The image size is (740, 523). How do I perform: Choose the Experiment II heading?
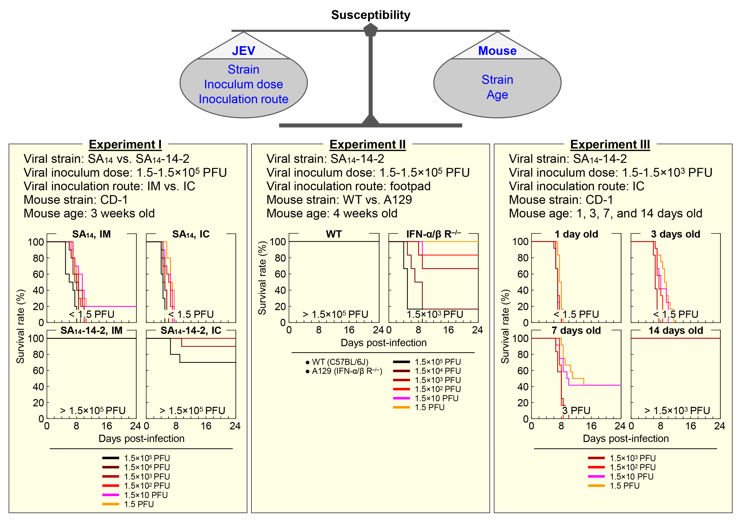coord(368,144)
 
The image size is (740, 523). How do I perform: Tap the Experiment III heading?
coord(610,144)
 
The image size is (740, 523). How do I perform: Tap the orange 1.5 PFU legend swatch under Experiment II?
coord(401,407)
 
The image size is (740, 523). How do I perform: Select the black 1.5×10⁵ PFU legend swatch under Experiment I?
coord(111,458)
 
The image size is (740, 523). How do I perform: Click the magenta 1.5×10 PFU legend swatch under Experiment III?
coord(596,476)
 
